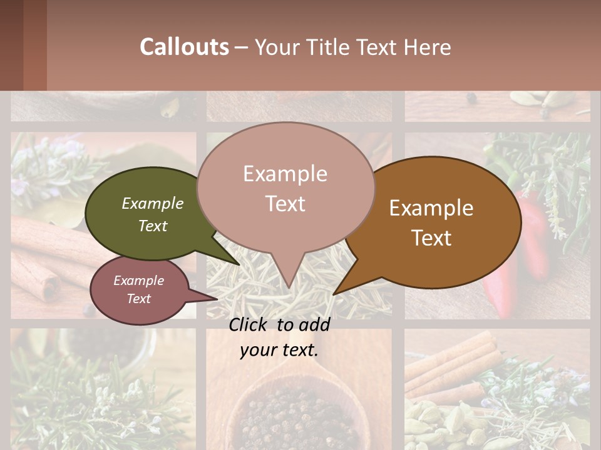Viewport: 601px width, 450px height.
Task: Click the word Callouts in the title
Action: point(184,47)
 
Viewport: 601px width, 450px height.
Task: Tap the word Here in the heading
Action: point(428,47)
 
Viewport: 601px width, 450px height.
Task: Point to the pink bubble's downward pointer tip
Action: point(287,288)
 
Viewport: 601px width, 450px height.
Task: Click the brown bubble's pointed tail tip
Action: point(334,294)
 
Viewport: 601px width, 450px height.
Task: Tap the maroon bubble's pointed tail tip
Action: point(217,299)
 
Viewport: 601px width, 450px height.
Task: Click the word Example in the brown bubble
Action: point(431,208)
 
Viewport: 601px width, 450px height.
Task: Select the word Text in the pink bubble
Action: point(285,204)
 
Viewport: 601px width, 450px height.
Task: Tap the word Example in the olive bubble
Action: point(153,203)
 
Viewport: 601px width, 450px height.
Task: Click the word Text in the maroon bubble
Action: point(139,299)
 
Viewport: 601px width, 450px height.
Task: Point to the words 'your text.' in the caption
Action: point(279,351)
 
